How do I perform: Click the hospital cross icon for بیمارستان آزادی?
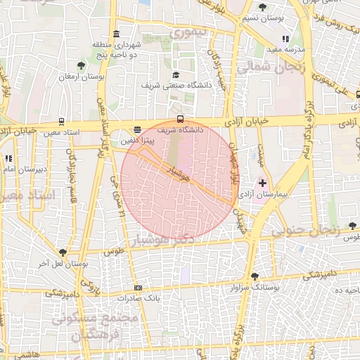click(x=264, y=183)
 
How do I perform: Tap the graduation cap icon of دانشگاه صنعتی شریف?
click(x=175, y=75)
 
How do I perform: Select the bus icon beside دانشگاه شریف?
click(x=181, y=119)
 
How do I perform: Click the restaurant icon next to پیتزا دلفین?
click(x=137, y=130)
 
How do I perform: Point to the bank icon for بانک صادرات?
click(x=138, y=288)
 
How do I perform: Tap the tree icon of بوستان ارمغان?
click(x=82, y=65)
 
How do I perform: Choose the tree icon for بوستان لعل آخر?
click(x=63, y=252)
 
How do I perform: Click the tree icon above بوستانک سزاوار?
click(x=254, y=276)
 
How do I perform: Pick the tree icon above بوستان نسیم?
click(x=262, y=7)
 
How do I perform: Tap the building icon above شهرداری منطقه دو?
click(x=115, y=34)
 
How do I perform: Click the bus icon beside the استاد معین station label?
click(x=62, y=121)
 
